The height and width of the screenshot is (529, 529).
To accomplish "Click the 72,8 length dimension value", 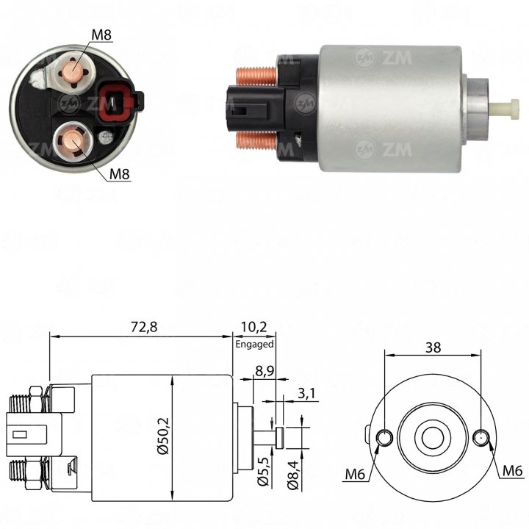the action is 144,327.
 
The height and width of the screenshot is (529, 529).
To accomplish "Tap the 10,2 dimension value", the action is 253,327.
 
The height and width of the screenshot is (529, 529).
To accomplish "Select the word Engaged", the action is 254,345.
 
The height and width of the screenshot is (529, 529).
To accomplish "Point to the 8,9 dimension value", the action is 264,371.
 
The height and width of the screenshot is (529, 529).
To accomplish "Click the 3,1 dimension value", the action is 306,393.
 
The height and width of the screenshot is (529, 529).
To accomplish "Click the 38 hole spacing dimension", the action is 433,348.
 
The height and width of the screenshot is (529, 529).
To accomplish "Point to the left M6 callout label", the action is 355,475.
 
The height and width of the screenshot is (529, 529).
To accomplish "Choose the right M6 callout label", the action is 513,471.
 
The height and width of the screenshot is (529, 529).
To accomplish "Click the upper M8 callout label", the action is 101,35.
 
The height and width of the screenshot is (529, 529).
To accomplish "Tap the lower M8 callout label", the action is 120,174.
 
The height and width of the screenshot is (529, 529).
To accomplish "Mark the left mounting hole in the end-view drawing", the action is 384,438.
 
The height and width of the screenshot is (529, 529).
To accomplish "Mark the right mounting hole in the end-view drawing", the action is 481,438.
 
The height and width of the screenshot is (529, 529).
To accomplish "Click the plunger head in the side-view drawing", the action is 280,438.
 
